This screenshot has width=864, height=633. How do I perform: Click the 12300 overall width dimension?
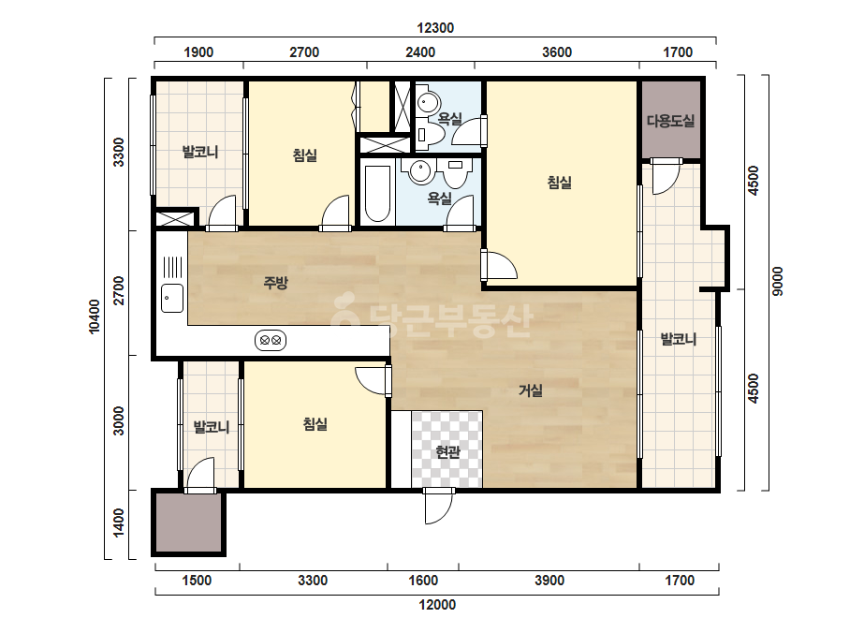pos(435,28)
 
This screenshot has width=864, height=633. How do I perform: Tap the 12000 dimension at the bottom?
pos(437,605)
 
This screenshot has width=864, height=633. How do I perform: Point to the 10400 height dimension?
pos(95,316)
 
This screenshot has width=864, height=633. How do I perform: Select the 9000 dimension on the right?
pos(777,281)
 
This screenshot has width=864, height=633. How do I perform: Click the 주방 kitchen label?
pos(275,283)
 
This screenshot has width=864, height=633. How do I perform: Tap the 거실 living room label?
pos(531,390)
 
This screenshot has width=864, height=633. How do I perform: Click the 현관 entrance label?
pos(447,452)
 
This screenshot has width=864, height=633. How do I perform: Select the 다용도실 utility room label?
pos(670,121)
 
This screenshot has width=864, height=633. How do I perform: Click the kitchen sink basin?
pos(172,299)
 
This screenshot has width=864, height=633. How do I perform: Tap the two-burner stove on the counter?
pos(271,340)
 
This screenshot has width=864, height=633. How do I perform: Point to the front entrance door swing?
pos(438,507)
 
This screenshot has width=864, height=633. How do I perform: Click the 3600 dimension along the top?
pos(557,52)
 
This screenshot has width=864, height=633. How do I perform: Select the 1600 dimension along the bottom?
pos(422,581)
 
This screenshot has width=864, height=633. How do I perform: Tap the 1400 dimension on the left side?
pos(119,523)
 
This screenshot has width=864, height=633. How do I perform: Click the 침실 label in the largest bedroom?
pos(559,182)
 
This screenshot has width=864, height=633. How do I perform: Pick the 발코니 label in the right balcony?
pos(679,339)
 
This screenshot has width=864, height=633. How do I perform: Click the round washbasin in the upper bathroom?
pos(428,103)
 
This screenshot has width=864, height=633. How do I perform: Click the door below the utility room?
pos(666,175)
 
